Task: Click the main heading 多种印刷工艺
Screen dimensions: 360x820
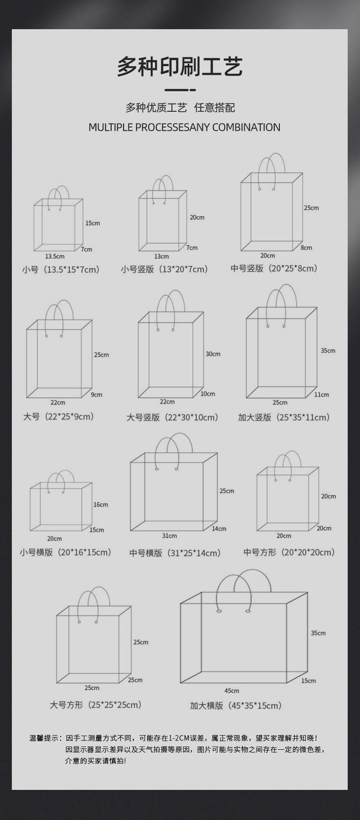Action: pyautogui.click(x=180, y=67)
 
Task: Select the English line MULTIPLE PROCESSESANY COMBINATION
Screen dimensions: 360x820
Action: pyautogui.click(x=184, y=127)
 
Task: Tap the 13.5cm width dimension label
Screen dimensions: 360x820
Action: pyautogui.click(x=55, y=257)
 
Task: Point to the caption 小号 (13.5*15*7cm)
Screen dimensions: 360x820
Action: pyautogui.click(x=61, y=270)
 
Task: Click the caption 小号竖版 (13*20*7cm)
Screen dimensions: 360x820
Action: pyautogui.click(x=164, y=269)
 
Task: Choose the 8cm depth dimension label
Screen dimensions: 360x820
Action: pyautogui.click(x=306, y=248)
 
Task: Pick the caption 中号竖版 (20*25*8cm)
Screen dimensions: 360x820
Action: pyautogui.click(x=273, y=268)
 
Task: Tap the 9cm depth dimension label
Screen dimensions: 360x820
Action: pyautogui.click(x=97, y=394)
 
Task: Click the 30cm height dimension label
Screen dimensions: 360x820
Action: pyautogui.click(x=213, y=354)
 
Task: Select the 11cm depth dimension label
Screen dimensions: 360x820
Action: pyautogui.click(x=321, y=394)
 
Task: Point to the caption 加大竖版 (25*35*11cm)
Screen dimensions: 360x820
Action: pyautogui.click(x=283, y=417)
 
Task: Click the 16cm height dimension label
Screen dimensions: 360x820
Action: pyautogui.click(x=101, y=504)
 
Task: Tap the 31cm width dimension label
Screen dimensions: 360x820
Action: pyautogui.click(x=170, y=535)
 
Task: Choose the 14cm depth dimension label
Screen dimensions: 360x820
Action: pyautogui.click(x=219, y=529)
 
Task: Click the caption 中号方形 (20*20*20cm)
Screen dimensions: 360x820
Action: pyautogui.click(x=289, y=552)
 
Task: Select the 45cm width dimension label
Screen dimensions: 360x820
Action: pyautogui.click(x=231, y=690)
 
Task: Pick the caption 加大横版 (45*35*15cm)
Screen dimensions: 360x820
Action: pyautogui.click(x=236, y=706)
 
